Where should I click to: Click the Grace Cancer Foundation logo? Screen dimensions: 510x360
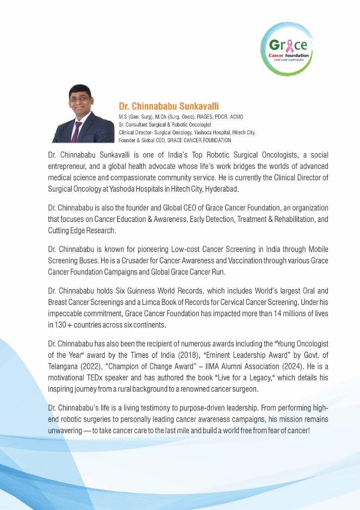pos(286,49)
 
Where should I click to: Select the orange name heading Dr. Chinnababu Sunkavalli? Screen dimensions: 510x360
pos(169,106)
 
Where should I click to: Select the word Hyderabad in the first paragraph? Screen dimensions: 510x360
pos(221,189)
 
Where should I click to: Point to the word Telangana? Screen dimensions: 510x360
pos(64,366)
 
